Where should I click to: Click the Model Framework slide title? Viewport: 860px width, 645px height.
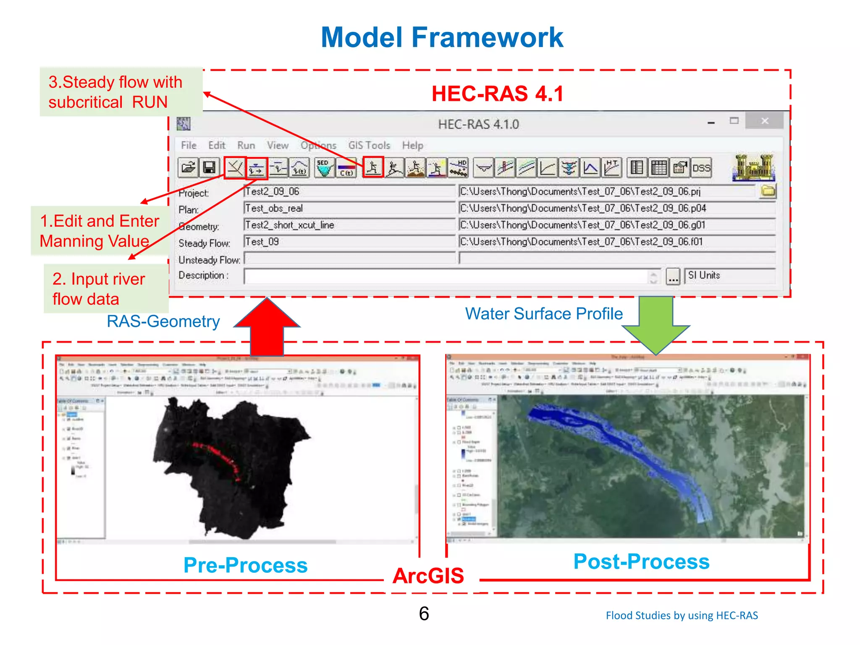[x=442, y=37]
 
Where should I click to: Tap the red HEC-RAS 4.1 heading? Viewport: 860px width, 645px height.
[x=498, y=94]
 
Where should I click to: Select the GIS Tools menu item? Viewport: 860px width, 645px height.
[x=369, y=145]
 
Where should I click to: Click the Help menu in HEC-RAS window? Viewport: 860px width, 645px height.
[x=412, y=145]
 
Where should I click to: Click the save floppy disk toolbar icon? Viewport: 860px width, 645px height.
[x=209, y=168]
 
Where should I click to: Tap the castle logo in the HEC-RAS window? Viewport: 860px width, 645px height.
[x=754, y=168]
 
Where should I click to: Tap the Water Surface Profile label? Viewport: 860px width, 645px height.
[x=544, y=314]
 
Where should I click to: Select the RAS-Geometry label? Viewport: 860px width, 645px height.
[x=163, y=322]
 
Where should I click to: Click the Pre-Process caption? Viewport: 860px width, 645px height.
[x=246, y=565]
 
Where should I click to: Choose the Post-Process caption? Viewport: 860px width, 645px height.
[x=641, y=562]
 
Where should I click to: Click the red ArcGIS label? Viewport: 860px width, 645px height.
[x=428, y=576]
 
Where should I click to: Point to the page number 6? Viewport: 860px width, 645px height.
[x=424, y=614]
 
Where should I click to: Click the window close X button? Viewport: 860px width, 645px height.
[x=765, y=121]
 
